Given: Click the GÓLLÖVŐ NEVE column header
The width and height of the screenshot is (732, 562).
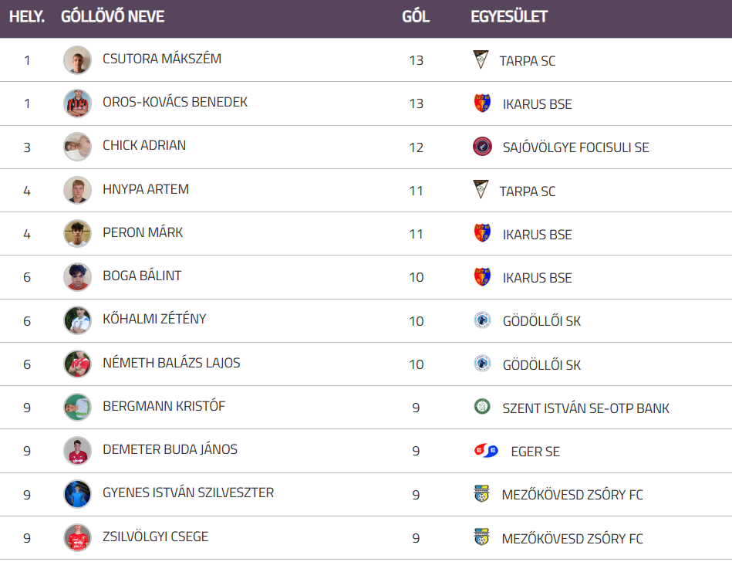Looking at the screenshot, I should pyautogui.click(x=113, y=16).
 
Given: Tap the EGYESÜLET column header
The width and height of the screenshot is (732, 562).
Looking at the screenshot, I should pyautogui.click(x=509, y=16).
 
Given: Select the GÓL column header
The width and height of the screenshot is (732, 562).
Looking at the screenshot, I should pyautogui.click(x=416, y=16).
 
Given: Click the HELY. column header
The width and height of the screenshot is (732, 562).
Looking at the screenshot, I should pyautogui.click(x=27, y=16).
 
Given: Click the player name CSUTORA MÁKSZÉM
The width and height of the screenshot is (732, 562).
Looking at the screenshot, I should pyautogui.click(x=162, y=59).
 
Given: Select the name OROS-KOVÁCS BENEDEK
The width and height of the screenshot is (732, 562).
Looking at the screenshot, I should pyautogui.click(x=175, y=102).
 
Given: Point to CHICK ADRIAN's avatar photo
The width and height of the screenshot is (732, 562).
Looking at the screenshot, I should pyautogui.click(x=77, y=147).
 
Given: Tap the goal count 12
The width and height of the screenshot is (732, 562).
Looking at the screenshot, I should pyautogui.click(x=416, y=147).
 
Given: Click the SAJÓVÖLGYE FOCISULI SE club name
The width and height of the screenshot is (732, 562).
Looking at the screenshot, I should pyautogui.click(x=575, y=147).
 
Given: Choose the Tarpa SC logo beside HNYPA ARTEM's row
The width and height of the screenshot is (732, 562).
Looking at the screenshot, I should pyautogui.click(x=481, y=190).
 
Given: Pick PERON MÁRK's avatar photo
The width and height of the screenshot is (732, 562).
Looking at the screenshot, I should pyautogui.click(x=77, y=233).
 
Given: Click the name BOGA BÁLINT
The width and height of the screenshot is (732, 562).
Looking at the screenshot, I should pyautogui.click(x=142, y=276).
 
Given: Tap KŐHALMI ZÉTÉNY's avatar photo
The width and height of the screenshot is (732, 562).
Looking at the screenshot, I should pyautogui.click(x=77, y=320).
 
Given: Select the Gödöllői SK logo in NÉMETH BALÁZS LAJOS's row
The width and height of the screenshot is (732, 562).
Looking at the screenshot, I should pyautogui.click(x=482, y=364).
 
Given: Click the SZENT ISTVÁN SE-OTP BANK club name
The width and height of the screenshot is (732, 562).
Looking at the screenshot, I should pyautogui.click(x=585, y=408).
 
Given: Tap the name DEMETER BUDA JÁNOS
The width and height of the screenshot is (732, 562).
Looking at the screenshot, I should pyautogui.click(x=170, y=449).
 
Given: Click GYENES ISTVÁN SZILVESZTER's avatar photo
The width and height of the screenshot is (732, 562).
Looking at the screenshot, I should pyautogui.click(x=77, y=494).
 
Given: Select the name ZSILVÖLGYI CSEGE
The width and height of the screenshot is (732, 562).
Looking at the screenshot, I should pyautogui.click(x=155, y=537).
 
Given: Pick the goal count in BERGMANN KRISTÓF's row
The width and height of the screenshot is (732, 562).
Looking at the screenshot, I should pyautogui.click(x=416, y=408).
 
